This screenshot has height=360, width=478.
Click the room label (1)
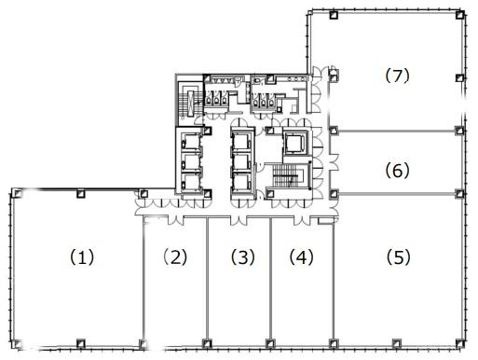[82, 257]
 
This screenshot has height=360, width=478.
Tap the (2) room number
[175, 256]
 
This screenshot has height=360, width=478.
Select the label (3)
[243, 257]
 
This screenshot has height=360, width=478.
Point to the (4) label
[302, 257]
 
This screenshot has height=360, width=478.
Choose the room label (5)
[399, 257]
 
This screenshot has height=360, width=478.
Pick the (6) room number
[398, 171]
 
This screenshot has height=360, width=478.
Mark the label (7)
[398, 76]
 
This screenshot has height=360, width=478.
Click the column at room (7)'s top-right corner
[460, 15]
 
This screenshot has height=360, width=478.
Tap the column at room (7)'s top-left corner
[334, 15]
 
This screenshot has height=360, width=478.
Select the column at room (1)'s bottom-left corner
[16, 344]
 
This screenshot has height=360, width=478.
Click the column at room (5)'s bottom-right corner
[460, 344]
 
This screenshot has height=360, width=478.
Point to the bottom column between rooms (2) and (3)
[207, 343]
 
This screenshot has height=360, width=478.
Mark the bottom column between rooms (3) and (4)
[270, 343]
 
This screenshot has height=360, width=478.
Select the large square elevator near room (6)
[295, 143]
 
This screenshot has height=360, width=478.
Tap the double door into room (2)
[175, 220]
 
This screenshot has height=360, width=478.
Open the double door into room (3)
[239, 220]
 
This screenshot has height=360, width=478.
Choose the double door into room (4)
[302, 220]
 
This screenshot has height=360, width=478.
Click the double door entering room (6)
[334, 161]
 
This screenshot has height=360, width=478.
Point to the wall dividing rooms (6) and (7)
[396, 132]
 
